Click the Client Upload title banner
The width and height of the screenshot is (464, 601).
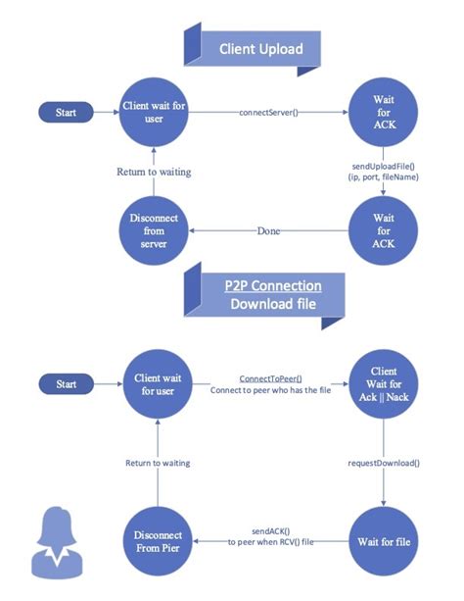click(260, 48)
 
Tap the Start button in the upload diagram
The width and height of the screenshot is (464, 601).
click(67, 114)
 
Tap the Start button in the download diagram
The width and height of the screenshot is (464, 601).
click(67, 384)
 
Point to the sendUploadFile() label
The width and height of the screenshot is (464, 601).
click(385, 168)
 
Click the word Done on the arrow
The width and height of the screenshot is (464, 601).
click(268, 231)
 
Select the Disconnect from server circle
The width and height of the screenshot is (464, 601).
click(153, 231)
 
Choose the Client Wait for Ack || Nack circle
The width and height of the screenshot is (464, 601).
click(385, 385)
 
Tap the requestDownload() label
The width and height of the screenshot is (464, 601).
click(385, 460)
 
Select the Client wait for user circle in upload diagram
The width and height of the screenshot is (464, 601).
click(153, 114)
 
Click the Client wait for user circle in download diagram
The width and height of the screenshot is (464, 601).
click(154, 385)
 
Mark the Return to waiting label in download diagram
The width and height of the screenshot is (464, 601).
click(157, 462)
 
